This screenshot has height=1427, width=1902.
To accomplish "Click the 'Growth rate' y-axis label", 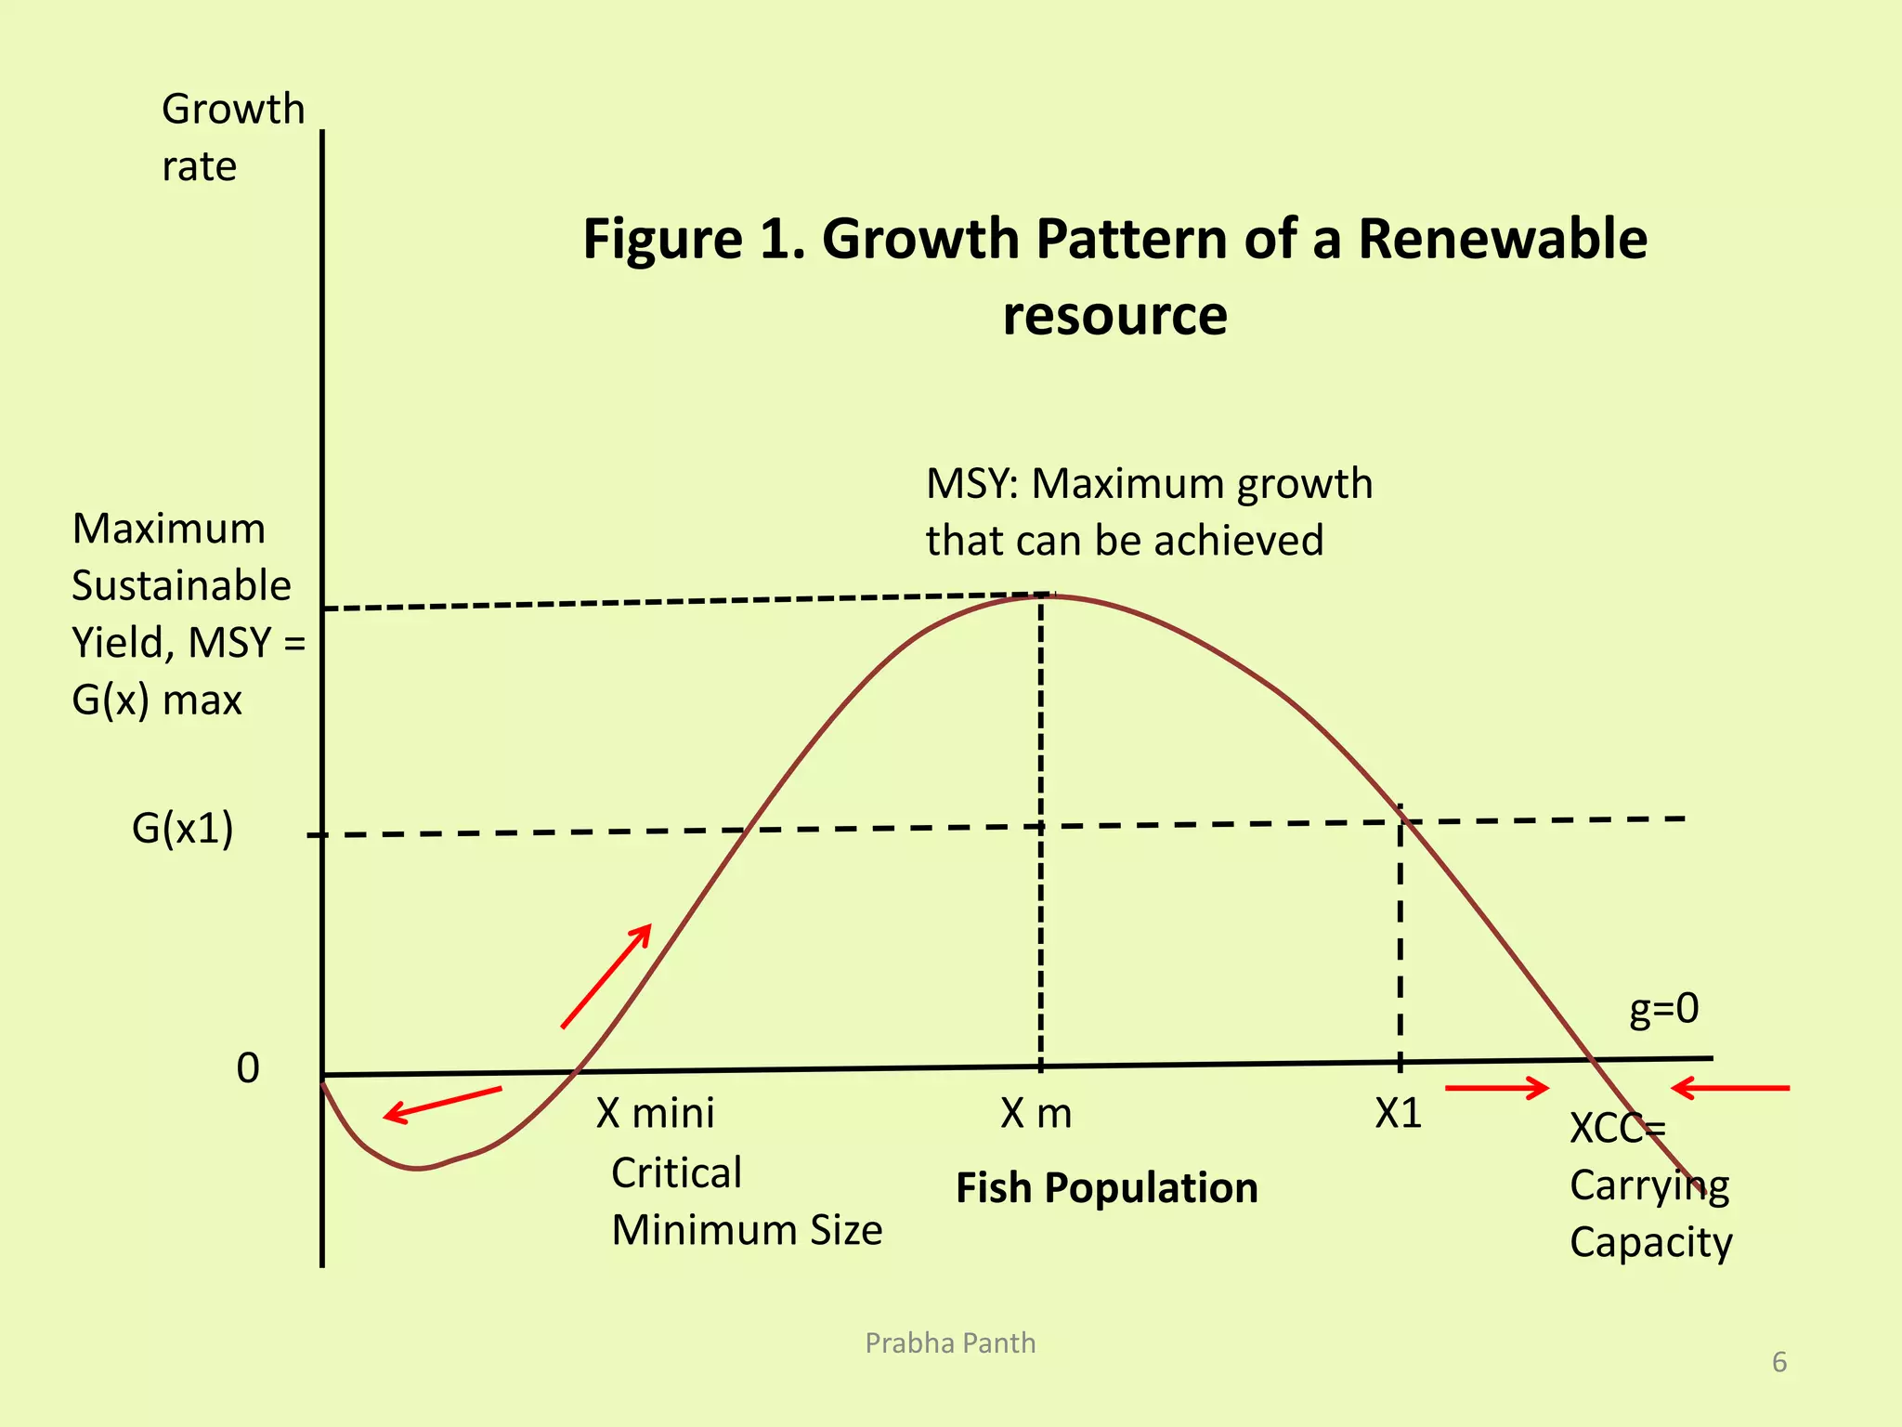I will [232, 137].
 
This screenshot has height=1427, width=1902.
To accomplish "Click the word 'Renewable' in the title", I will [1503, 239].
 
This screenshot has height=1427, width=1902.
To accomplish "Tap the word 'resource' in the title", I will [1114, 315].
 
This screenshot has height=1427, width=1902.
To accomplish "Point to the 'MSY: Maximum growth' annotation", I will [1149, 484].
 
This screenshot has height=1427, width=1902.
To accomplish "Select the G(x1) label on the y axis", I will [183, 828].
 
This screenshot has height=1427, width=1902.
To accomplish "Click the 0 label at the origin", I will [248, 1068].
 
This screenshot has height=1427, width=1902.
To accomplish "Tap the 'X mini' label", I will [655, 1113].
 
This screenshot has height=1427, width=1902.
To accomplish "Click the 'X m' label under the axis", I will [1036, 1113].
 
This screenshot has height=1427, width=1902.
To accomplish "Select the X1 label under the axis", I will [1398, 1113].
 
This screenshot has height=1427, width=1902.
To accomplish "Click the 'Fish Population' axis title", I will [1106, 1188].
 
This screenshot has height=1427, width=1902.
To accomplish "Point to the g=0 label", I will [1663, 1008].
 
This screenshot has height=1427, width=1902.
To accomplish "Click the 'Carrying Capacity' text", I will [1649, 1214].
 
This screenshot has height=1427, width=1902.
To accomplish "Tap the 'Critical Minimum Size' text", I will [746, 1201].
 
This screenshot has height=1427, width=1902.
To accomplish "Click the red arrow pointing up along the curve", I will [606, 975].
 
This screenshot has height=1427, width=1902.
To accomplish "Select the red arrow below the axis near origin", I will [442, 1104].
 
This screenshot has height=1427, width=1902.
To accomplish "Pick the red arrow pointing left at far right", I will [1729, 1087].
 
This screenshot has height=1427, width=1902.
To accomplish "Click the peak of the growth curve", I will [1045, 596].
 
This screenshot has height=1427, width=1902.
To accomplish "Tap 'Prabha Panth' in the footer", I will [950, 1343].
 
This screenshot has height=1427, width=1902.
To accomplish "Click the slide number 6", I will [1778, 1362].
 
